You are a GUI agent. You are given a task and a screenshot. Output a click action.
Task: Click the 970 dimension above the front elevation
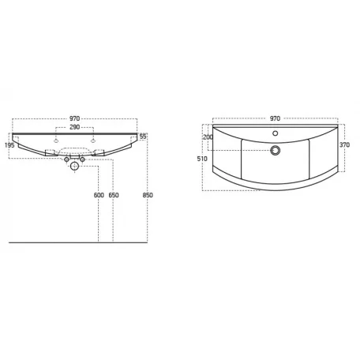(74, 118)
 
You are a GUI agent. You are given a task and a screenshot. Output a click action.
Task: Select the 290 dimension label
(74, 127)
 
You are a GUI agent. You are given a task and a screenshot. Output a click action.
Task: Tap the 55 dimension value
(143, 137)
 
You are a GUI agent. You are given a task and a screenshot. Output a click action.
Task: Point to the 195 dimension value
(9, 145)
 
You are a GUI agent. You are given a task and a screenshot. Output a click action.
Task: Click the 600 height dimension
(99, 195)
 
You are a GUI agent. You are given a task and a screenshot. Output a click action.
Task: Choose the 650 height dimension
(114, 195)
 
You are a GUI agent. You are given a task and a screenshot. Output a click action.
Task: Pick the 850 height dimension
(148, 195)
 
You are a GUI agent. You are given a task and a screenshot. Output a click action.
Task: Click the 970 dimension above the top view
(275, 118)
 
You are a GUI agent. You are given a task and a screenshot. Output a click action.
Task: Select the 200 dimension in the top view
(208, 137)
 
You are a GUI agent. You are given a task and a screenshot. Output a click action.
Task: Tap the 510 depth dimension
(202, 159)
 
